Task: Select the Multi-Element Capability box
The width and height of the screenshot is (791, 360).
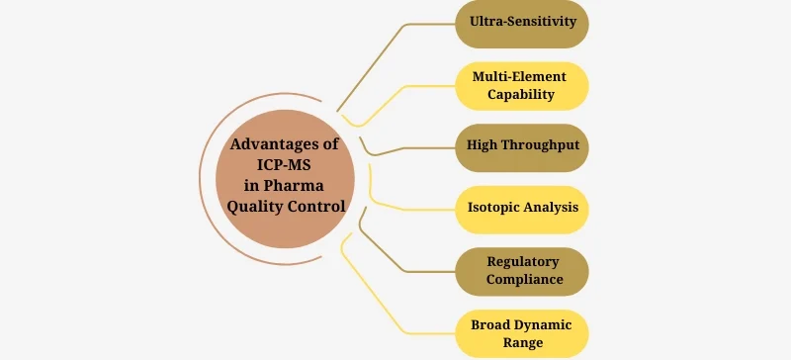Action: pos(522,85)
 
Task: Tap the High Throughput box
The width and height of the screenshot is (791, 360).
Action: pos(522,146)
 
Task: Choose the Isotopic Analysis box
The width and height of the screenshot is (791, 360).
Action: pos(522,208)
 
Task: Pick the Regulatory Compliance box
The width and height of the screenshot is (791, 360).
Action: pos(522,269)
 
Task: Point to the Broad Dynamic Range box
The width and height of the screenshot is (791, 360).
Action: pos(522,331)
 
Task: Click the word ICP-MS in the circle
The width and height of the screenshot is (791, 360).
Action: pos(285,165)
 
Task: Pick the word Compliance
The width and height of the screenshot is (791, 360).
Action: pos(523,279)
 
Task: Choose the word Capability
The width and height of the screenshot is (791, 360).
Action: pos(522,95)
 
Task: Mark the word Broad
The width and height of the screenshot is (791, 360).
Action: pos(484,322)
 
